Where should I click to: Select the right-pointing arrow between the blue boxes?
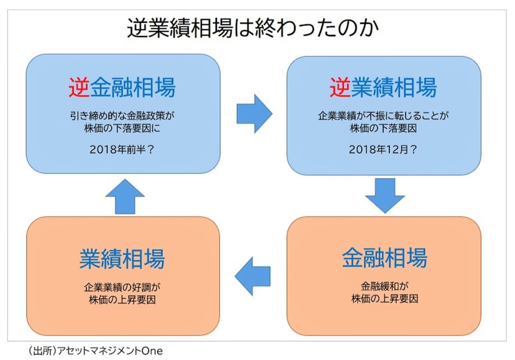[254, 114]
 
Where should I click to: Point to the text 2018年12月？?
[384, 150]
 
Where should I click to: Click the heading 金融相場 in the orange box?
[385, 258]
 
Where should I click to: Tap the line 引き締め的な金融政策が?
[123, 116]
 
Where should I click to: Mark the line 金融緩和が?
[384, 286]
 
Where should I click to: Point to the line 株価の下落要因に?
[123, 128]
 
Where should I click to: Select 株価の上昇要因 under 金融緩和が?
[384, 298]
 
